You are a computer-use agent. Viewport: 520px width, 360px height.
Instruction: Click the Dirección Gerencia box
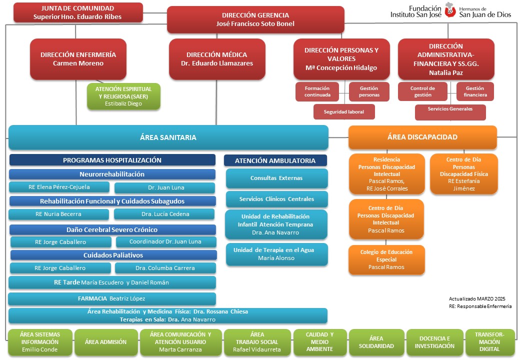click(255, 19)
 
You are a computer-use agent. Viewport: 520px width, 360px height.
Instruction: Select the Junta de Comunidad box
click(78, 12)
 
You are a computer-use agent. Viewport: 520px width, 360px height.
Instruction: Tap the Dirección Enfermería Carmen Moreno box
click(78, 59)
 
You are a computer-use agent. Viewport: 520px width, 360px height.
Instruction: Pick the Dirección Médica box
click(217, 59)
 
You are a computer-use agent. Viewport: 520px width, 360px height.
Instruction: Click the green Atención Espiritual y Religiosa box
click(123, 96)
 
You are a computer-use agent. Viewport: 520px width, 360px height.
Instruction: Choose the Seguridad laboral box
click(344, 111)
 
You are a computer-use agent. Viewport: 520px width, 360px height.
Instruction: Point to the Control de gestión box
click(422, 91)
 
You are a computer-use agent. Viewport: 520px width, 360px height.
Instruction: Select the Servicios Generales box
click(450, 112)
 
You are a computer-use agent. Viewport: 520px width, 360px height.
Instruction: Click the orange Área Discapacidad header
click(422, 137)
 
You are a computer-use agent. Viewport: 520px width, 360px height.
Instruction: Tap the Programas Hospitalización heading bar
click(112, 160)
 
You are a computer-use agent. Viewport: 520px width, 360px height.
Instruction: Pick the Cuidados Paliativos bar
click(113, 255)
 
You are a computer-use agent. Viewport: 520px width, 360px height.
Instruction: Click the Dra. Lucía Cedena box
click(164, 214)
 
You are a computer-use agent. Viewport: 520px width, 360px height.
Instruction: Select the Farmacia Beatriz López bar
click(112, 298)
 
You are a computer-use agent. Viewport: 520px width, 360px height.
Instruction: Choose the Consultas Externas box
click(276, 178)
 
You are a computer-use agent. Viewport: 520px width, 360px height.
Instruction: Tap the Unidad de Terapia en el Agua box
click(276, 254)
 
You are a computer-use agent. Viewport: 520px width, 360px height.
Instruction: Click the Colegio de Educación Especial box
click(386, 259)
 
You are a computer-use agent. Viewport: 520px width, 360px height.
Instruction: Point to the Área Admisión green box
click(106, 342)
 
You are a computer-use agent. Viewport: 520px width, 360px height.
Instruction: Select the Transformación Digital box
click(490, 342)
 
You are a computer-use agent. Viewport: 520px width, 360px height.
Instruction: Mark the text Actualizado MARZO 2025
click(477, 298)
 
